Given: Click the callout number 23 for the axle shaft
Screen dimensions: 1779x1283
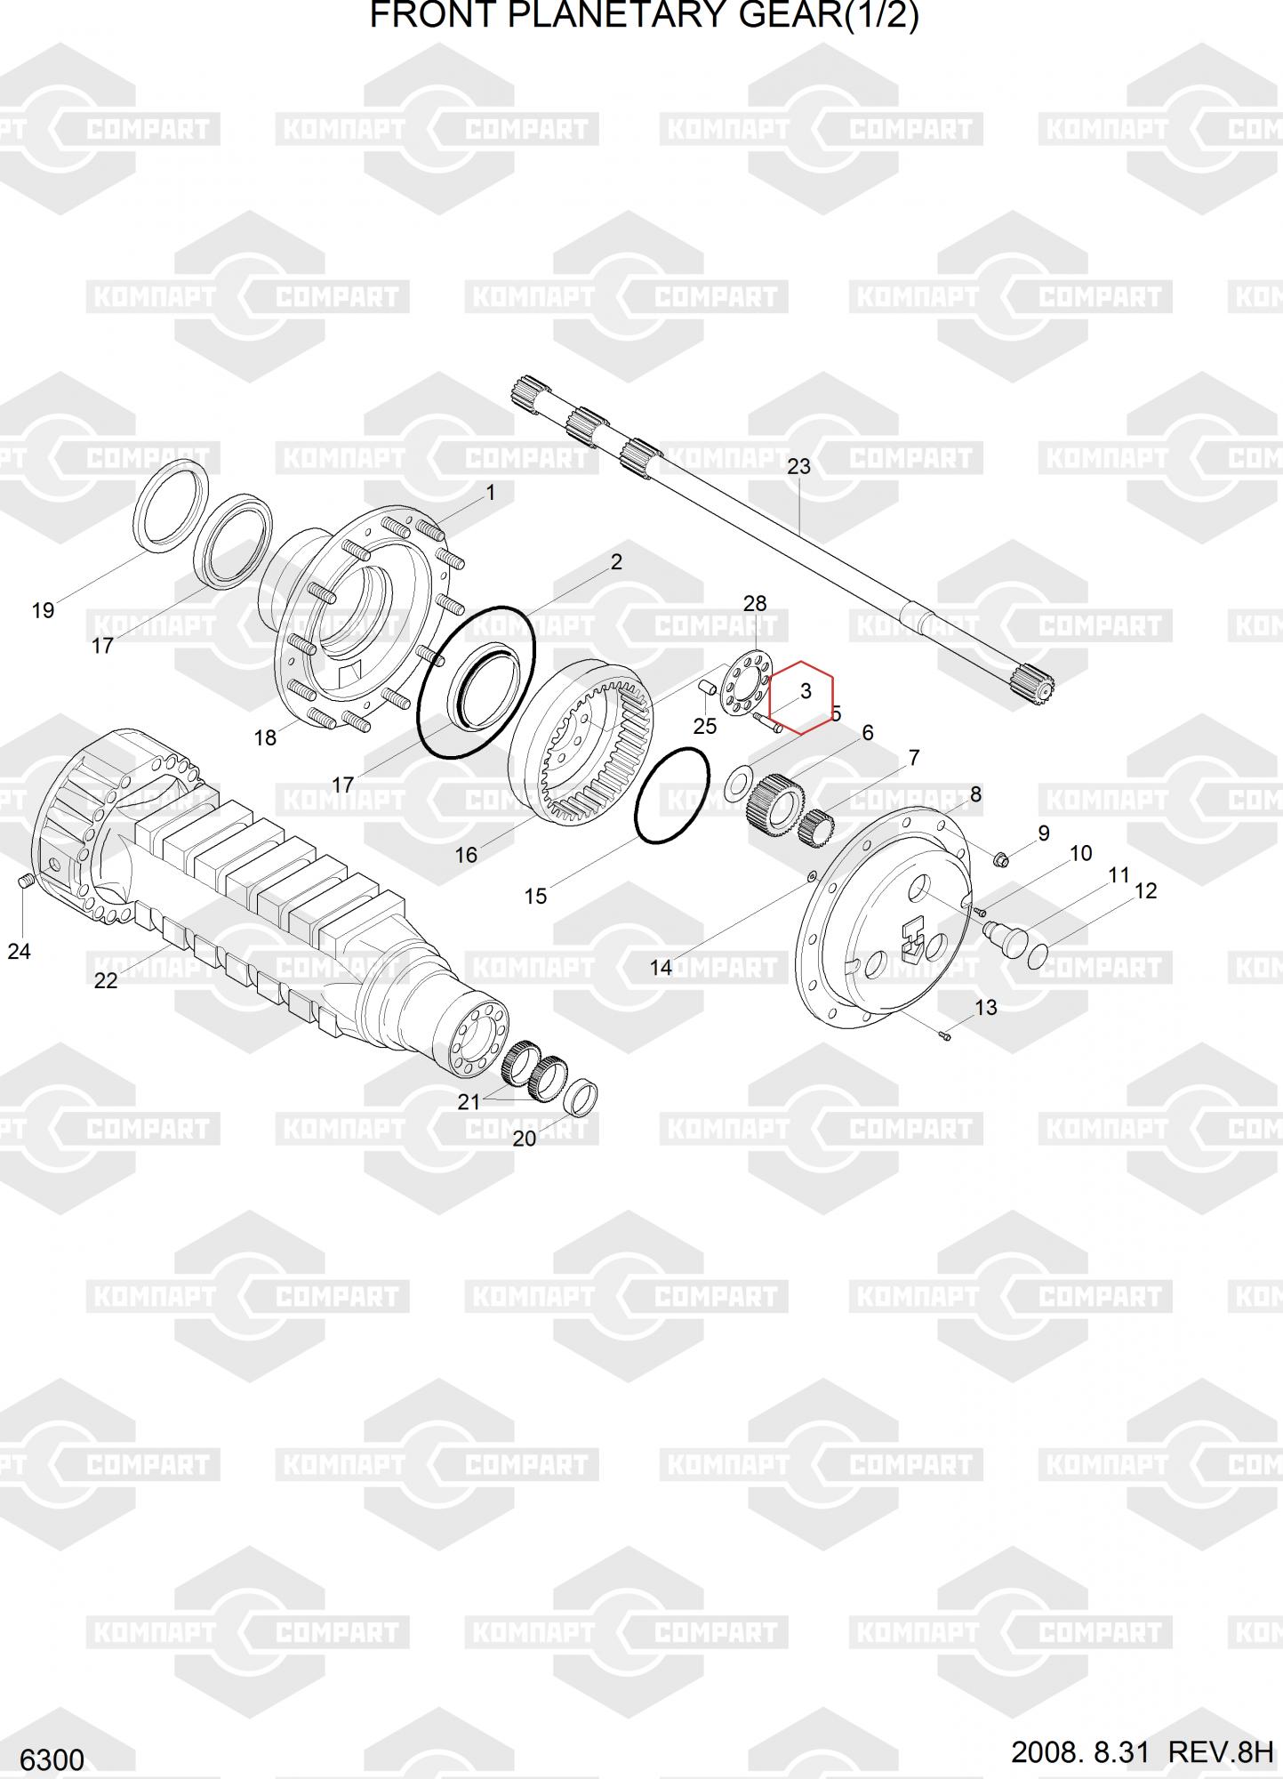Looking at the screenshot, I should (x=798, y=466).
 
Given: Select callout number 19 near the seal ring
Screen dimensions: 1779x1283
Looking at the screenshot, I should (x=43, y=611).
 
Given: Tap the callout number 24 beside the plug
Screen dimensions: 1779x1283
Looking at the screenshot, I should (x=19, y=952).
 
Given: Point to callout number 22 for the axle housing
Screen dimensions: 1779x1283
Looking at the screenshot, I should (x=105, y=980).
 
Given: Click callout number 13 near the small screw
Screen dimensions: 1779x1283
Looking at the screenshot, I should (x=986, y=1008).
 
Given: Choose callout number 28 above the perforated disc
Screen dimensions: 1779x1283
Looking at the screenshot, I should (x=754, y=604).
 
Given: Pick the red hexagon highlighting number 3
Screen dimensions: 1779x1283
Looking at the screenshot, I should (x=801, y=696).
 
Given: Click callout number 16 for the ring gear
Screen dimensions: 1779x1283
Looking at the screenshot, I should (x=466, y=856).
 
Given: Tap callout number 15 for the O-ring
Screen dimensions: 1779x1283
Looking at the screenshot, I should (x=535, y=896).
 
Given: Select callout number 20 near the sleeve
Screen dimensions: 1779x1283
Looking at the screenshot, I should (x=525, y=1138).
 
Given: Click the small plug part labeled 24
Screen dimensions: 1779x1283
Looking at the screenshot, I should (x=26, y=881).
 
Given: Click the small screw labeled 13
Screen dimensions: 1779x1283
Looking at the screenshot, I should (x=945, y=1034).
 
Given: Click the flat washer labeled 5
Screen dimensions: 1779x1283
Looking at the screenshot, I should (x=737, y=784).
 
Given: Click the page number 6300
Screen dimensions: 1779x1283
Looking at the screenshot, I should (x=52, y=1759).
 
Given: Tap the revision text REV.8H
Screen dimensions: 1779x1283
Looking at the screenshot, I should (x=1220, y=1752).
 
